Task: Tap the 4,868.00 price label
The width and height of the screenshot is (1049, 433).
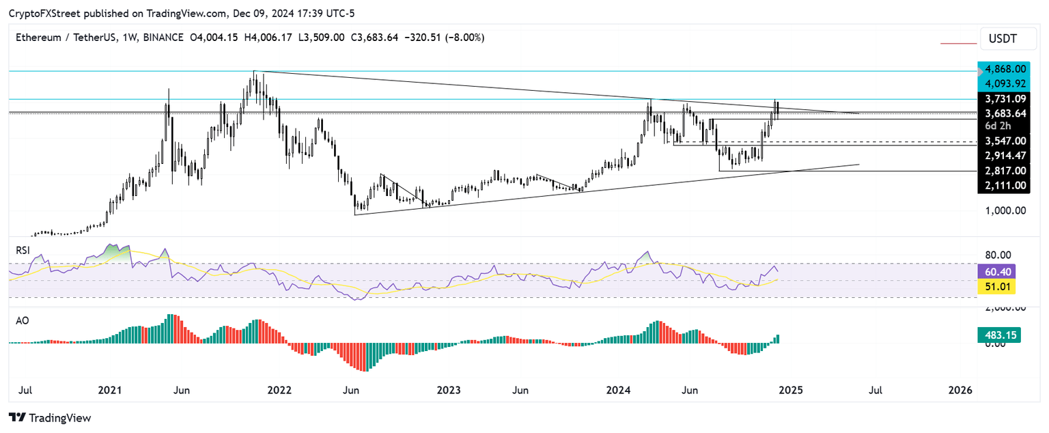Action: pos(1002,69)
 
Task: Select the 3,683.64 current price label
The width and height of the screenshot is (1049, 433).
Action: pos(1002,113)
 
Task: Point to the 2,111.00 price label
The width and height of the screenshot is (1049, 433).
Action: pos(1002,185)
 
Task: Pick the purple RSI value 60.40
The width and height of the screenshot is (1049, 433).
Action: pos(1002,272)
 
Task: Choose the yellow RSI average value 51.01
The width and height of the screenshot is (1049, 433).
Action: pos(1002,288)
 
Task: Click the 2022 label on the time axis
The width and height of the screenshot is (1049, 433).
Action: pos(279,391)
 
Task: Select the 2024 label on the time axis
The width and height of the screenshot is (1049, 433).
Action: pos(618,391)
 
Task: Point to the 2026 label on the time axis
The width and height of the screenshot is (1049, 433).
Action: pos(960,391)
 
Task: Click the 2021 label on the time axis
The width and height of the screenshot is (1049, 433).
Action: pos(109,391)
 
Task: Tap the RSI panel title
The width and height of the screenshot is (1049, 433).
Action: pos(23,251)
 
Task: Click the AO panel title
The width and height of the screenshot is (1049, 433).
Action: pos(22,320)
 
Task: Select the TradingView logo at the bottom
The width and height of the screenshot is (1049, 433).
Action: pos(49,417)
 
